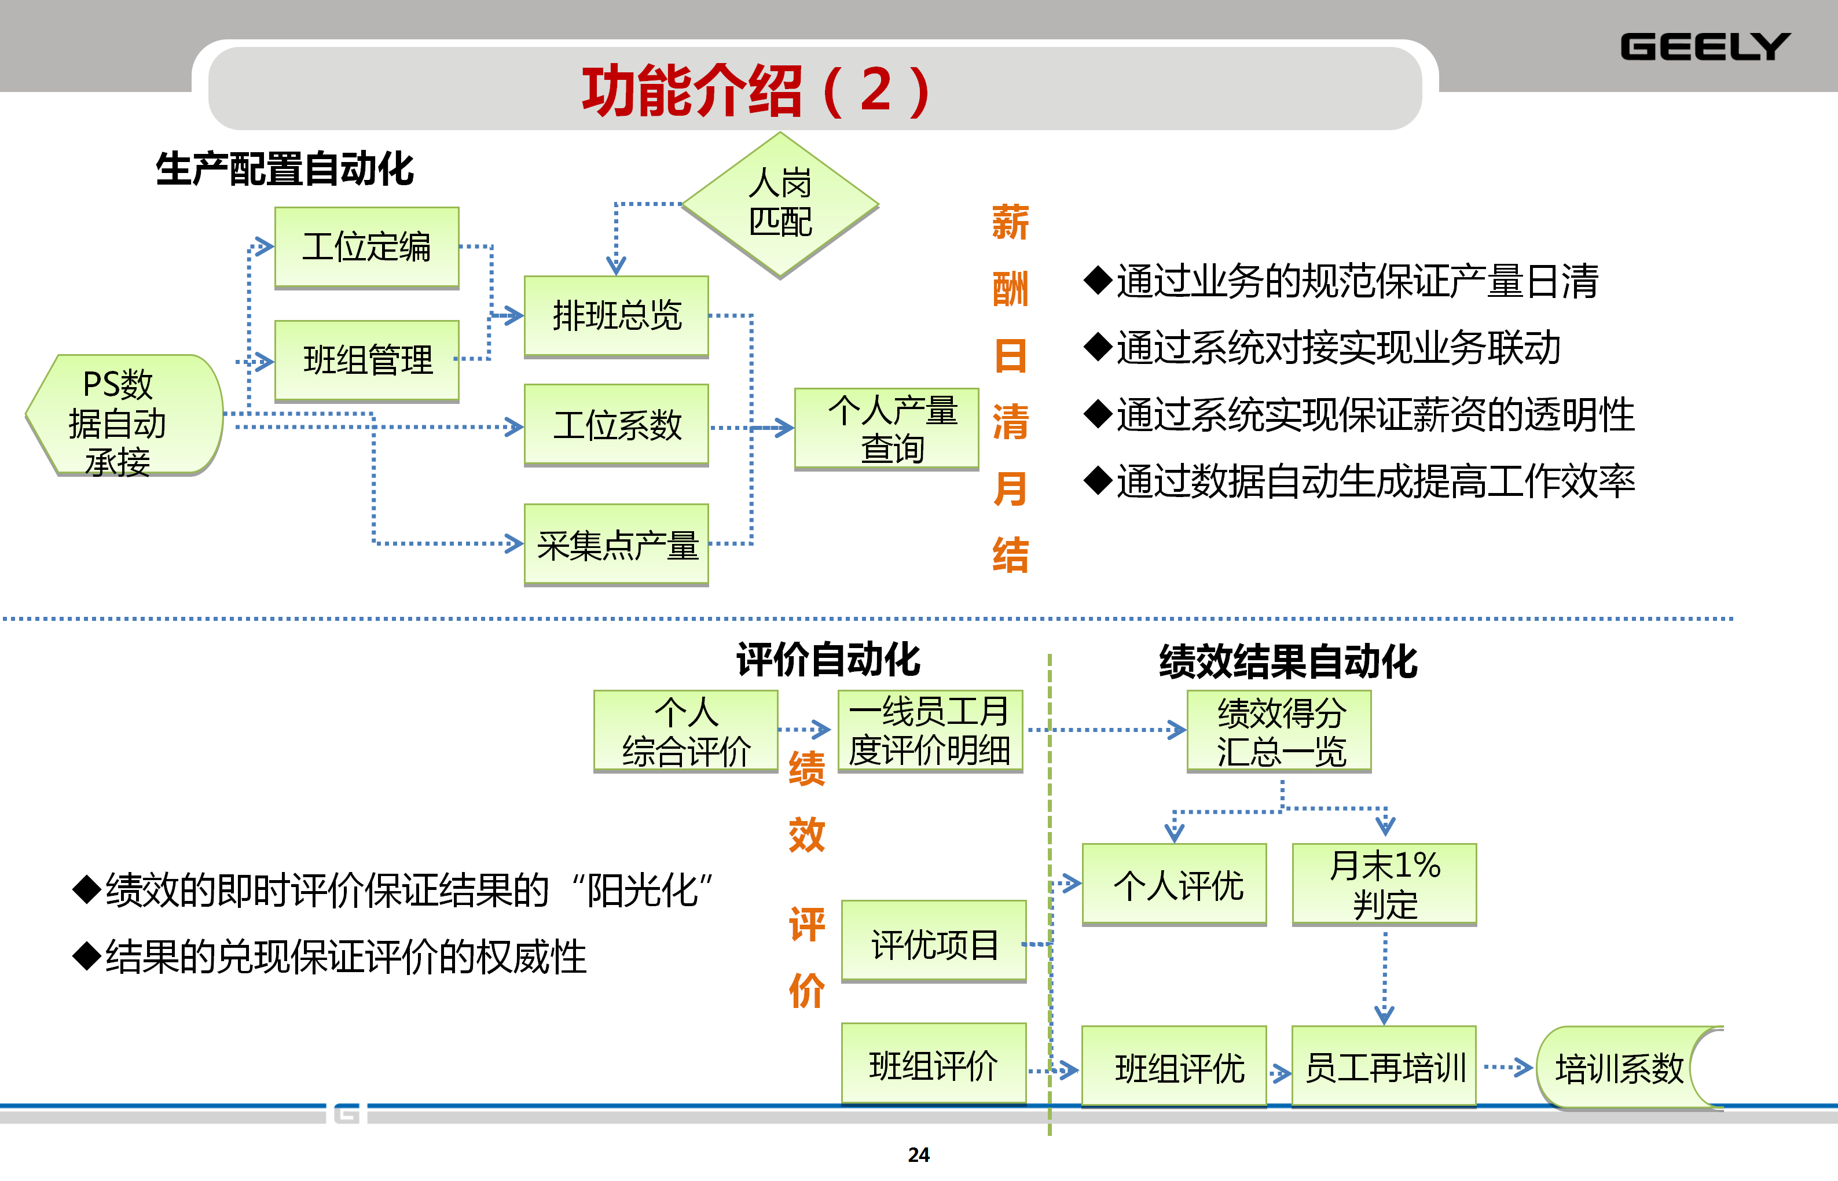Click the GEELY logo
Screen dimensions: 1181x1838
tap(1704, 47)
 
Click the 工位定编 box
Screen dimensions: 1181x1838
tap(366, 247)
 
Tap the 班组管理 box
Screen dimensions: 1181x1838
tap(366, 360)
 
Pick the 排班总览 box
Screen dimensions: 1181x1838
tap(616, 315)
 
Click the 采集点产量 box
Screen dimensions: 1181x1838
tap(616, 544)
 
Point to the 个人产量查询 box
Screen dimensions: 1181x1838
tap(887, 429)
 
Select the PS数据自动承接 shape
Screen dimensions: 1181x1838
tap(123, 415)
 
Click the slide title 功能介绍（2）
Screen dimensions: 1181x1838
tap(755, 90)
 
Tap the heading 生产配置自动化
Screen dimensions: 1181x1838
tap(285, 169)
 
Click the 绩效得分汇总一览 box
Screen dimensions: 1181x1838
tap(1279, 731)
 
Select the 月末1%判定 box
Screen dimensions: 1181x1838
tap(1384, 884)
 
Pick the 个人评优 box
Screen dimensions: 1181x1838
tap(1173, 884)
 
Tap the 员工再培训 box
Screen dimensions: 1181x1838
tap(1384, 1067)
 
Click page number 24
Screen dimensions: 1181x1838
tap(918, 1155)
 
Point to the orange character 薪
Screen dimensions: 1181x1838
tap(1010, 222)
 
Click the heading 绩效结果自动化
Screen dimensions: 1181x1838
tap(1288, 661)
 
